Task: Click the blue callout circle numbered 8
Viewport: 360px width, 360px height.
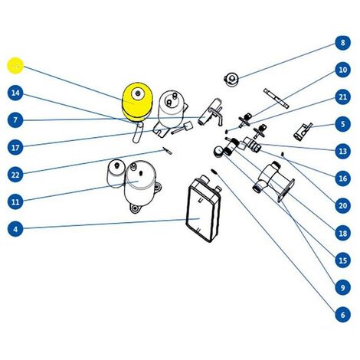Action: click(x=342, y=42)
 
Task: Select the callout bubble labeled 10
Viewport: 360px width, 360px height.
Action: click(x=342, y=70)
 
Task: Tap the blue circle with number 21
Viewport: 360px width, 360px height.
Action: click(x=342, y=97)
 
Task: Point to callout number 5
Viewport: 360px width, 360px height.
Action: click(x=342, y=124)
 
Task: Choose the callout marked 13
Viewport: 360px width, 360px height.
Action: click(x=342, y=151)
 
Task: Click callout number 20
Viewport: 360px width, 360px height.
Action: click(x=342, y=205)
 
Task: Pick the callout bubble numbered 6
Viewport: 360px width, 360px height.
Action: click(x=342, y=315)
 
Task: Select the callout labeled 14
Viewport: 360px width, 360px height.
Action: click(x=15, y=93)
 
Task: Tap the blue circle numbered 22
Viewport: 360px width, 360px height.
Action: click(x=15, y=175)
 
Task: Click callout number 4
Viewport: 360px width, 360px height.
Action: click(x=15, y=229)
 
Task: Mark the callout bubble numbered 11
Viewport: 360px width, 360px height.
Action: click(x=15, y=202)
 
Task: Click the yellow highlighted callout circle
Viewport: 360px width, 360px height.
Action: click(x=15, y=66)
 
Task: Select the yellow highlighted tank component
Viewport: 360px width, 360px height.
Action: click(x=137, y=102)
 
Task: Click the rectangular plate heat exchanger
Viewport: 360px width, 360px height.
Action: click(x=204, y=208)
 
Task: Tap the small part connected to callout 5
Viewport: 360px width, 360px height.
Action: click(x=303, y=131)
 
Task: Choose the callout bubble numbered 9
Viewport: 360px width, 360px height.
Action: click(x=342, y=287)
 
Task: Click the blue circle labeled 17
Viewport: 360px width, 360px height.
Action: click(x=15, y=148)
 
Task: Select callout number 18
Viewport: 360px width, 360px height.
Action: click(x=342, y=233)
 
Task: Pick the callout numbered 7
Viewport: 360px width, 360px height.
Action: click(x=15, y=120)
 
